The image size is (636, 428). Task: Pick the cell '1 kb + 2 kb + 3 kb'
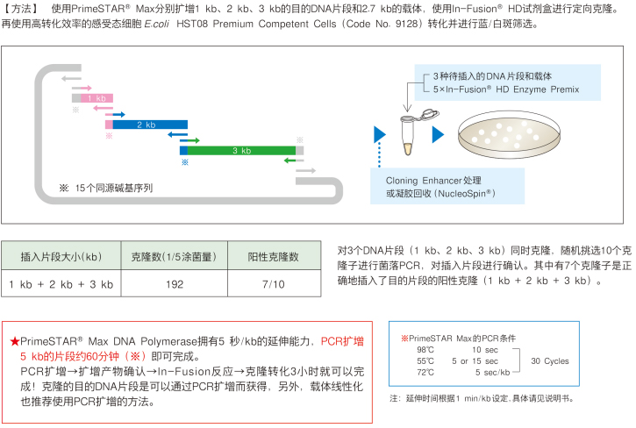[61, 284]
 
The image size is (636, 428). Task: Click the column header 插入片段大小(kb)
[61, 257]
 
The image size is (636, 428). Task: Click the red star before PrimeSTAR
[14, 340]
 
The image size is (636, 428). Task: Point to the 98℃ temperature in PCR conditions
[425, 349]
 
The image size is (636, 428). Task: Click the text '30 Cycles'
[550, 360]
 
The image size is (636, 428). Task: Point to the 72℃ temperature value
[425, 372]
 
